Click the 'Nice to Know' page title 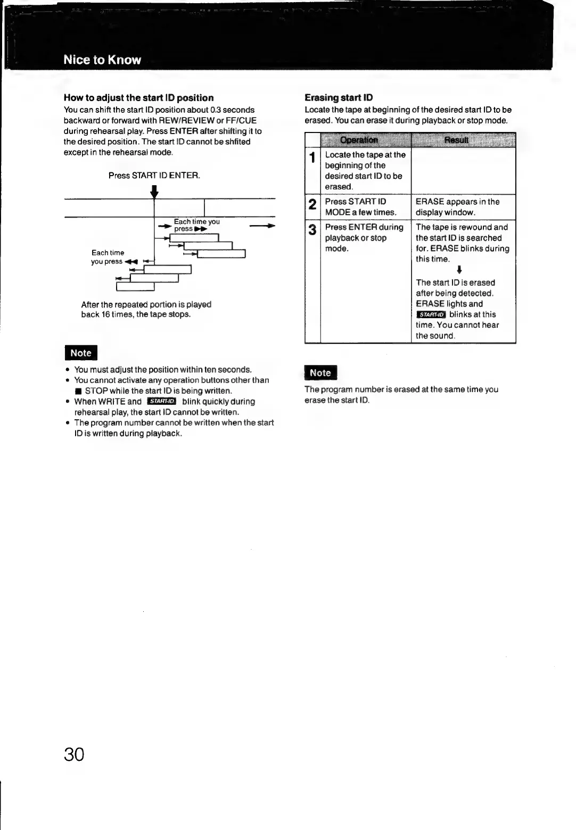coord(102,60)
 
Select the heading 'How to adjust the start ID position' coord(138,98)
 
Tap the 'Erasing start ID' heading coord(339,97)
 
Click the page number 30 coord(74,754)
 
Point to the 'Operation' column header coord(359,140)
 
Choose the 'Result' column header coord(456,140)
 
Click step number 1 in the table coord(312,157)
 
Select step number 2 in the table coord(312,204)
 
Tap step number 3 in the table coord(312,230)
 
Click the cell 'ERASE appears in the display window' coord(457,207)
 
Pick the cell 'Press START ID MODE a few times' coord(360,207)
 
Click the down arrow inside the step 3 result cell coord(459,271)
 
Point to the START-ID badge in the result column coord(431,314)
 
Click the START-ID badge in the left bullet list coord(161,401)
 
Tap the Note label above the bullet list coord(81,353)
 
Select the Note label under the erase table coord(320,373)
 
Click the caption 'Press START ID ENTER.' coord(154,175)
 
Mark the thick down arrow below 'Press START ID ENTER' coord(154,191)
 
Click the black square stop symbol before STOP coord(78,391)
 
